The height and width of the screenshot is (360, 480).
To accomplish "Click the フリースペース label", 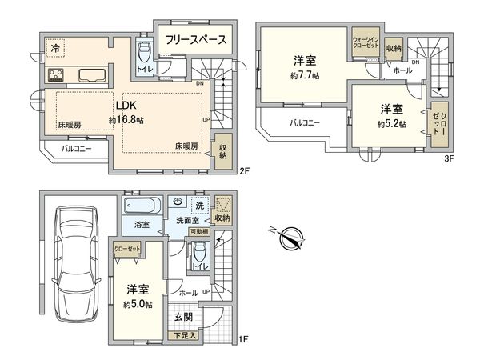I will [196, 39].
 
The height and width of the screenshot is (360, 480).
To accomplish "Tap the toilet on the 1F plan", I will [199, 255].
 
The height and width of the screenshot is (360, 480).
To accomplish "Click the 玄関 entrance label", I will [182, 317].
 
